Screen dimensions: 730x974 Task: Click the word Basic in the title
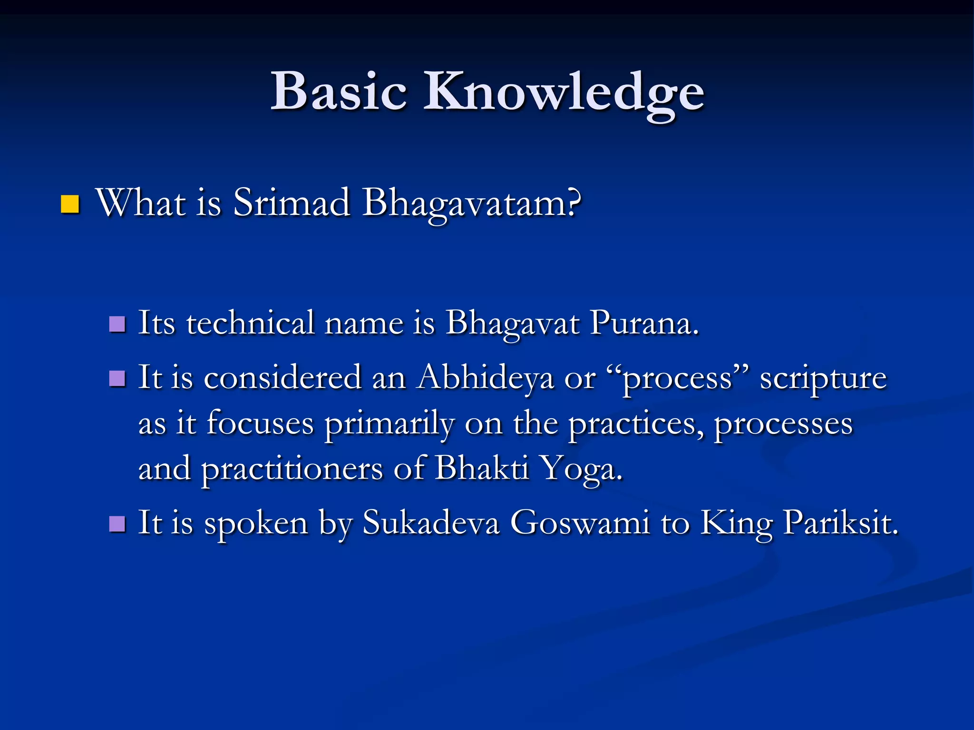point(339,91)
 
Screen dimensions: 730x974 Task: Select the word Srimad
point(292,203)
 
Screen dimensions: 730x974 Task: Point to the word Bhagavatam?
point(472,204)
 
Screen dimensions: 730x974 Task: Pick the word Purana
point(644,323)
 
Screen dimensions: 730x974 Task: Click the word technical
point(250,323)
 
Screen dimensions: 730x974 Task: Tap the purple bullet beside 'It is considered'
point(117,379)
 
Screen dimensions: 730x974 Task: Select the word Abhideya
point(485,379)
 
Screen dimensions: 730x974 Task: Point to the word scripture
point(823,379)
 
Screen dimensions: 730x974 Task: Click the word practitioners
point(292,469)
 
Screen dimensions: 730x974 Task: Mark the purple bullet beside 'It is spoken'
point(117,524)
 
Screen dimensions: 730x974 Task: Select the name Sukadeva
point(431,523)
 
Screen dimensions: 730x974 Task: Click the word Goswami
point(580,523)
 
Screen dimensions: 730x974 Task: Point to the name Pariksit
point(840,523)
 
